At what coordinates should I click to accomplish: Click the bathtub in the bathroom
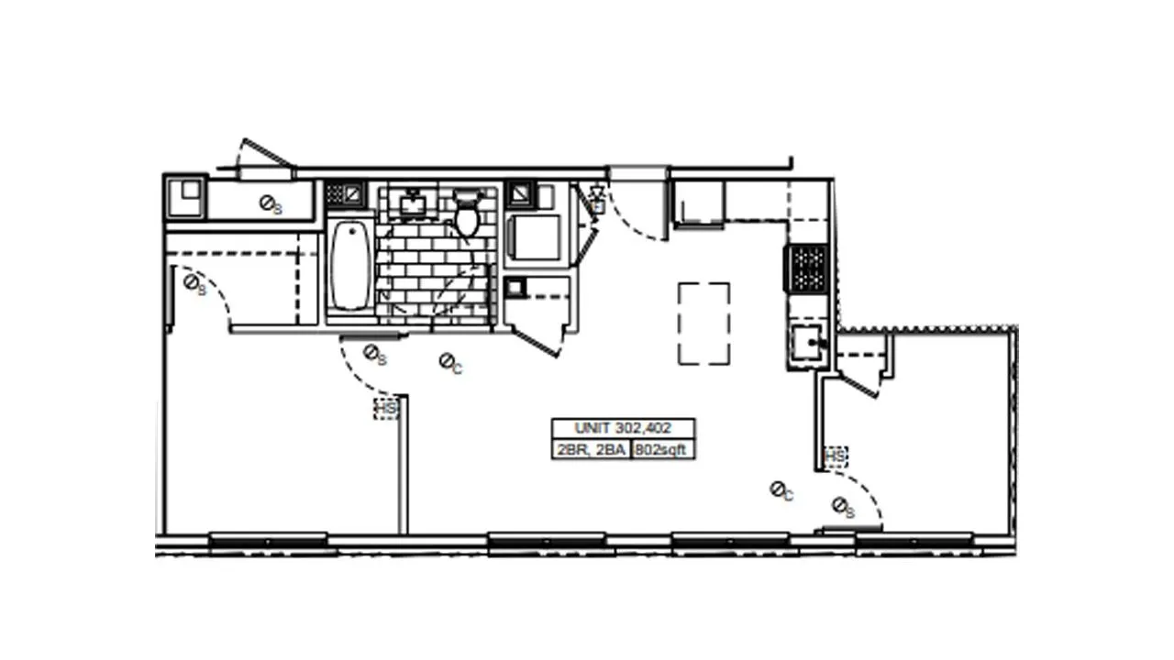click(350, 266)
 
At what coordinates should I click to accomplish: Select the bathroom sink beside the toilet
click(413, 203)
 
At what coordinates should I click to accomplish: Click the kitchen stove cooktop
click(808, 268)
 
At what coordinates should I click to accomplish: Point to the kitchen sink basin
click(807, 344)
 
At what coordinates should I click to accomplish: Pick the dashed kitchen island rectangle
click(704, 323)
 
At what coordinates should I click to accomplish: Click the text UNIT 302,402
click(623, 428)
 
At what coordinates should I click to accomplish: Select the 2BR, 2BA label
click(590, 450)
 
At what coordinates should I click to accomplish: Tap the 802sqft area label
click(662, 450)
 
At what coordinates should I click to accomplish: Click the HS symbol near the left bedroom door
click(386, 408)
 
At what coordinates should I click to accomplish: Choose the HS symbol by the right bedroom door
click(836, 456)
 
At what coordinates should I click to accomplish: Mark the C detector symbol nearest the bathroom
click(448, 363)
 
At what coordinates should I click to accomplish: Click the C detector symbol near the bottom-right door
click(779, 490)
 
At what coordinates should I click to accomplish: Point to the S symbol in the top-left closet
click(268, 203)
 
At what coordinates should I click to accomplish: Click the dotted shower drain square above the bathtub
click(335, 193)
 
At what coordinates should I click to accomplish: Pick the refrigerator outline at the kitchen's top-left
click(699, 202)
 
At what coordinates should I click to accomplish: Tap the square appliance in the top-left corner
click(186, 197)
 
